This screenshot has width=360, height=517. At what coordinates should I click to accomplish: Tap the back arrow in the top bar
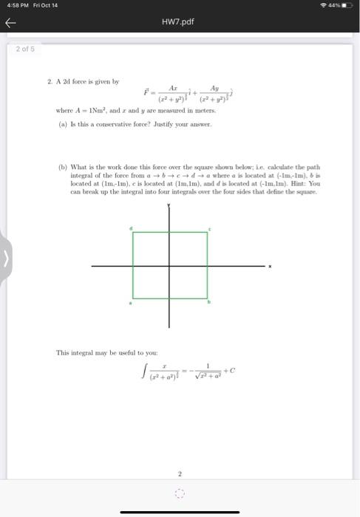pos(10,23)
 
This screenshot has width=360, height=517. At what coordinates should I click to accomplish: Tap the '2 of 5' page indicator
pos(25,49)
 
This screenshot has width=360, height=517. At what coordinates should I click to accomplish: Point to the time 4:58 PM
pos(13,5)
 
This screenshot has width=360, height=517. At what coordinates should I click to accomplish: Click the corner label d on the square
pos(131,229)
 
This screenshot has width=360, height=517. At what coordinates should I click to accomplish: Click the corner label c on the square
pos(210,229)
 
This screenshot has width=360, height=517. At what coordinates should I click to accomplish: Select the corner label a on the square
pos(131,303)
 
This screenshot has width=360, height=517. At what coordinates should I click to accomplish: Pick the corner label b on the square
pos(210,303)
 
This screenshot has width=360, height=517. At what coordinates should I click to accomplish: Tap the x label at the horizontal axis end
pos(271,266)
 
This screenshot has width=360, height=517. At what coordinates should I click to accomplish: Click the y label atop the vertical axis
pos(169,205)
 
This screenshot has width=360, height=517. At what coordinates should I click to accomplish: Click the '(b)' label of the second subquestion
pos(62,167)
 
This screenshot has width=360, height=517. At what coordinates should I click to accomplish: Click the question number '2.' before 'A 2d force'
pos(50,81)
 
